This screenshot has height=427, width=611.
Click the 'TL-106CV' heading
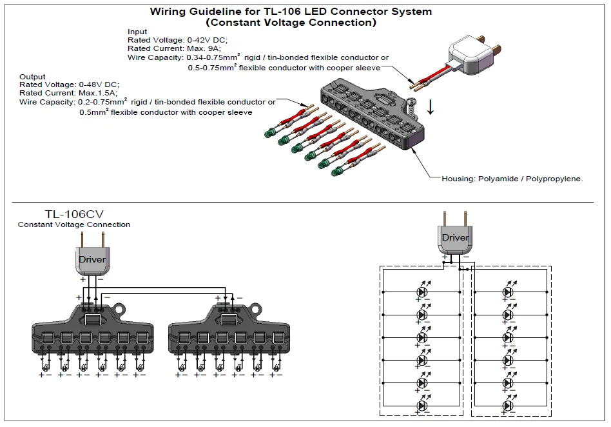74,214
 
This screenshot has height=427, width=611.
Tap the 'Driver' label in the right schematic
456,237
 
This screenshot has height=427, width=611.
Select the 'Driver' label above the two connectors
92,259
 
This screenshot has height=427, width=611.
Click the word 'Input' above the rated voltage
137,32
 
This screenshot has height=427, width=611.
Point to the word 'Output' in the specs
32,76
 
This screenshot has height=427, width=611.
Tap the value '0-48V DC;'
99,84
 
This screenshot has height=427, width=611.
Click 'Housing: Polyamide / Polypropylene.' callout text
512,179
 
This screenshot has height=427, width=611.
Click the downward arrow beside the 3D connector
430,107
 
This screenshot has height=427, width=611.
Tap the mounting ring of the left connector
119,310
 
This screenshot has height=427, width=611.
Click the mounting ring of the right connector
256,310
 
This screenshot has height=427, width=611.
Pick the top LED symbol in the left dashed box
422,292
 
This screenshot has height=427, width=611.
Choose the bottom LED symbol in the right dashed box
508,406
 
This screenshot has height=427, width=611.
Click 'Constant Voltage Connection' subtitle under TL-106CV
74,224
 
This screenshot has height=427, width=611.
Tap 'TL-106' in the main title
279,12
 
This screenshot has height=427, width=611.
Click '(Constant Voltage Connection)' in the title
291,22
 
